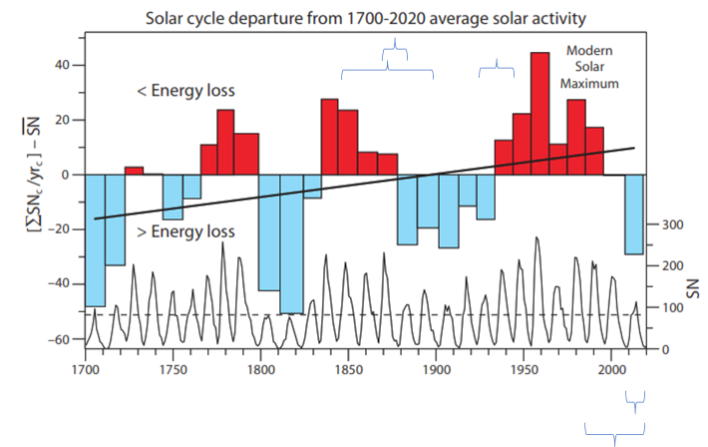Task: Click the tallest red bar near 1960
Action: pos(539,113)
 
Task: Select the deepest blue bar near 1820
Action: pos(291,244)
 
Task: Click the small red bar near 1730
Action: pos(134,171)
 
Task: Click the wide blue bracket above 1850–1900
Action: pos(387,73)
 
